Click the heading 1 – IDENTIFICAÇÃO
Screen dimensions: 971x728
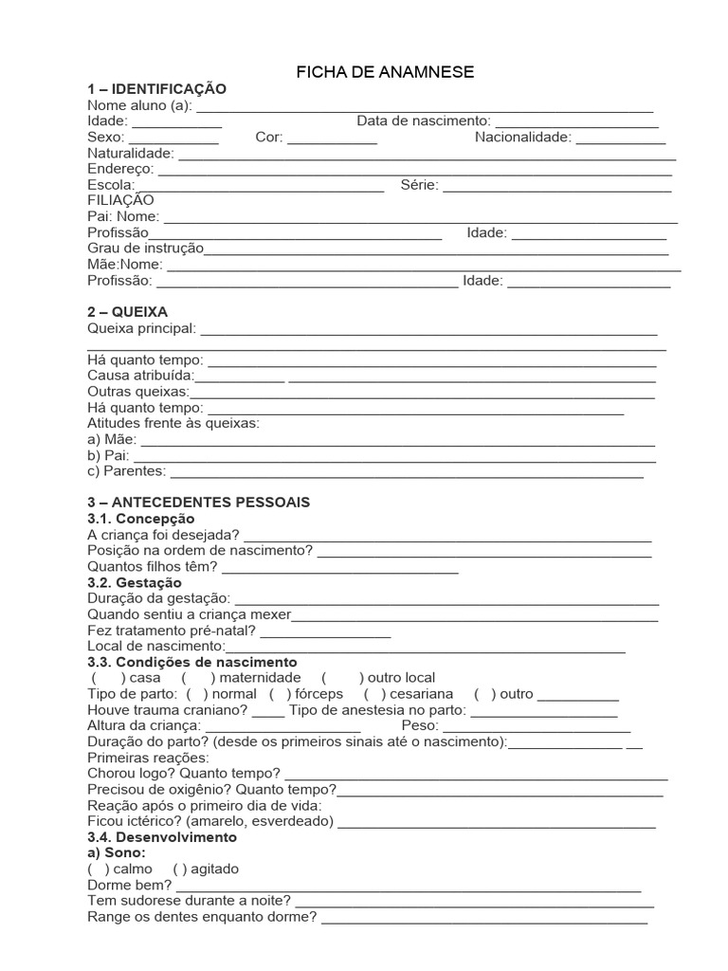click(157, 89)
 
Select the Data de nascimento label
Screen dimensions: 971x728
click(423, 121)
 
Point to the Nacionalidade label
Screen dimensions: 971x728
click(523, 137)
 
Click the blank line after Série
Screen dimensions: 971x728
click(557, 186)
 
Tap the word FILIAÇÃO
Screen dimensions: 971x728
click(120, 200)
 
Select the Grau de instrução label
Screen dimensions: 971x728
click(145, 248)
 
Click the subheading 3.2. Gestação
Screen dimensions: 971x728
click(135, 582)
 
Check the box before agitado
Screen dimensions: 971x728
click(179, 869)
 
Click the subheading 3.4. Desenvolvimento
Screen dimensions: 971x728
click(161, 838)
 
